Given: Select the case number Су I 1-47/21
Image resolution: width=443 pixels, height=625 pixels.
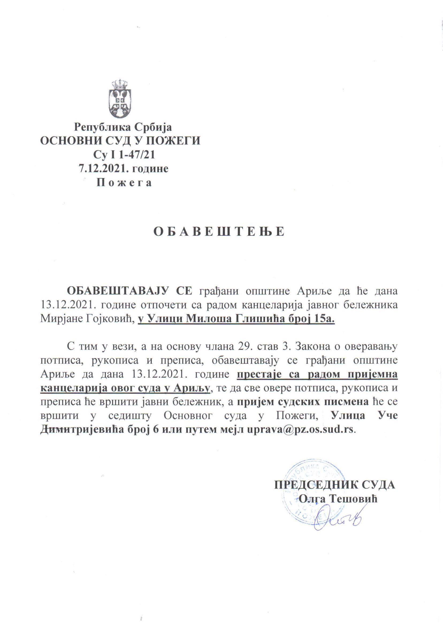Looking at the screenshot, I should click(x=124, y=155).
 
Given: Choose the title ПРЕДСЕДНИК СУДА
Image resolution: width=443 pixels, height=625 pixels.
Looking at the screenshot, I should click(x=335, y=485).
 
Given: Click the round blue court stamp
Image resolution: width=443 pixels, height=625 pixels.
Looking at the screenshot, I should click(x=308, y=485).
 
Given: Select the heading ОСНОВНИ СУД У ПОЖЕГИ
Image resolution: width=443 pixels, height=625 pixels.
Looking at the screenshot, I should click(x=120, y=141).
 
